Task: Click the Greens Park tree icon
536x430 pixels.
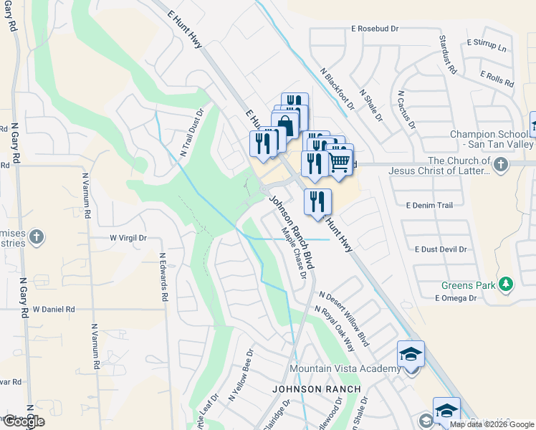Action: tap(507, 285)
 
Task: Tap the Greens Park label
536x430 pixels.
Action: tap(469, 285)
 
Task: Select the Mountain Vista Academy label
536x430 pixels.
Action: tap(345, 369)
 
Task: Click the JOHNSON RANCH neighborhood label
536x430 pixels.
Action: tap(316, 388)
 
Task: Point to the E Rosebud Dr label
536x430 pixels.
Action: tap(375, 29)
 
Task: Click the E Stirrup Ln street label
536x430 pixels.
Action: tap(487, 46)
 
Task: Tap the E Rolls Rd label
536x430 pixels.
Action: tap(497, 79)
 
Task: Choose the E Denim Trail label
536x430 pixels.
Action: tap(429, 205)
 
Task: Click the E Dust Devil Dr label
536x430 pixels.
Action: tap(441, 249)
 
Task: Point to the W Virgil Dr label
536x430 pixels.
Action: tap(128, 237)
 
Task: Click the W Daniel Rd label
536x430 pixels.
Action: tap(54, 309)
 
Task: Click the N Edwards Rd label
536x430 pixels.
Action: tap(163, 277)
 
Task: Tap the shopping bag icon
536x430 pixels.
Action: tap(285, 124)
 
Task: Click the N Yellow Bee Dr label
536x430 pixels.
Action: tap(241, 375)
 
